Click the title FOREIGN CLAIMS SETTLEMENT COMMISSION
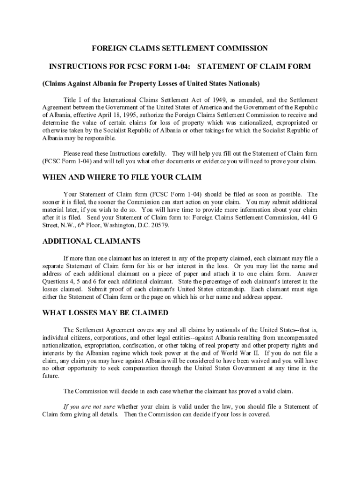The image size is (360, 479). click(x=180, y=49)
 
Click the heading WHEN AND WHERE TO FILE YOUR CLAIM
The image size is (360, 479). click(x=122, y=177)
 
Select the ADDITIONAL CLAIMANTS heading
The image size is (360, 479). click(x=92, y=241)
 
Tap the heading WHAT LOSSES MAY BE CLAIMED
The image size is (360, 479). click(x=105, y=313)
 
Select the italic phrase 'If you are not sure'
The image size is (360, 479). click(x=89, y=406)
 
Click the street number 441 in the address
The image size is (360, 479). click(x=304, y=218)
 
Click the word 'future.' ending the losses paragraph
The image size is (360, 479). click(x=51, y=376)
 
